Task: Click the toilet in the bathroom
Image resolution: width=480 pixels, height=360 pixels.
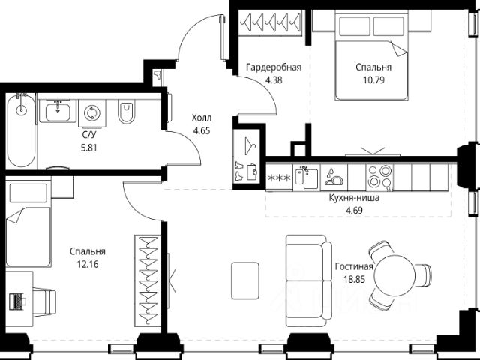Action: click(x=126, y=112)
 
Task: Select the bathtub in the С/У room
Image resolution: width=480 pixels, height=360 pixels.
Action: click(x=21, y=130)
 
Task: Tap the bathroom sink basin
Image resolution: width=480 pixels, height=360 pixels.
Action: click(x=58, y=112)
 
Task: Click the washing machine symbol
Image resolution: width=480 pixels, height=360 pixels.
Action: click(x=91, y=113)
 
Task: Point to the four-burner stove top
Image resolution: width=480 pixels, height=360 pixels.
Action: click(x=379, y=178)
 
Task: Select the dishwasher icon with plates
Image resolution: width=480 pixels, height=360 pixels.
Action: click(x=334, y=178)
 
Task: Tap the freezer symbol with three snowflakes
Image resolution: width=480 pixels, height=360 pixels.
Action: click(x=279, y=178)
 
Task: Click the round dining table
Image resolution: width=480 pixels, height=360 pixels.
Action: click(x=395, y=274)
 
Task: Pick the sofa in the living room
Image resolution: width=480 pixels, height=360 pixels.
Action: click(x=309, y=280)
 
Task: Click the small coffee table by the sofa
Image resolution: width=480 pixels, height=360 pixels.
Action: click(x=245, y=280)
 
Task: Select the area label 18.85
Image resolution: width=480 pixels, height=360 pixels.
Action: click(x=355, y=279)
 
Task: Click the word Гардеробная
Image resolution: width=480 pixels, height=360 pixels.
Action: click(x=274, y=67)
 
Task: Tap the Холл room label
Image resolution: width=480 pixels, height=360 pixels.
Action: click(x=202, y=118)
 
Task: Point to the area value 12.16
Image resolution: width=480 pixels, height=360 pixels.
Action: click(x=88, y=264)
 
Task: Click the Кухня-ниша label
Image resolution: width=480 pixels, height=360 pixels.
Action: click(x=354, y=198)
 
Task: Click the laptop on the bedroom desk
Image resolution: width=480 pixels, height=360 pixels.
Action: click(x=18, y=301)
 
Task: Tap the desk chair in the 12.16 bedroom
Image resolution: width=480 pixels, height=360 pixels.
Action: click(x=44, y=301)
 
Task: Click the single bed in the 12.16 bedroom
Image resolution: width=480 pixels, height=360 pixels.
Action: click(x=28, y=223)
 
